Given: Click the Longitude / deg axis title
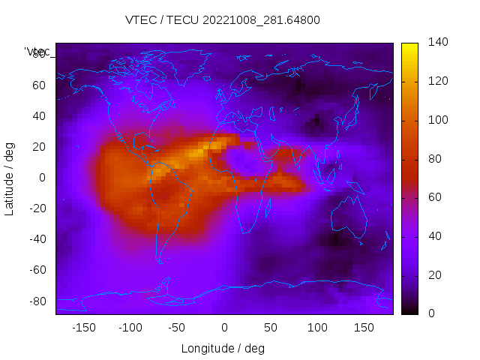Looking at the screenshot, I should click(223, 348).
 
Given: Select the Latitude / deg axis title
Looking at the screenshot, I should click(10, 178).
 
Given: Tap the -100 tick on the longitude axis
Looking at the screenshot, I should click(130, 327).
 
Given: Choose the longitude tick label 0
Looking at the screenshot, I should click(223, 327).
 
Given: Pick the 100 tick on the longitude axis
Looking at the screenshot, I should click(317, 327).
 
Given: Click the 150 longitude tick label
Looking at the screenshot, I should click(364, 327).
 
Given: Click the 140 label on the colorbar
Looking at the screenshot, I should click(438, 43).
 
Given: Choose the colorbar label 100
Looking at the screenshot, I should click(438, 120).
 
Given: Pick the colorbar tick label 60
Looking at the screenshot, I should click(435, 197).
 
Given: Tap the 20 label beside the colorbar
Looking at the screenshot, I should click(435, 275).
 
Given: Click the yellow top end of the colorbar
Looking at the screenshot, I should click(409, 47).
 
